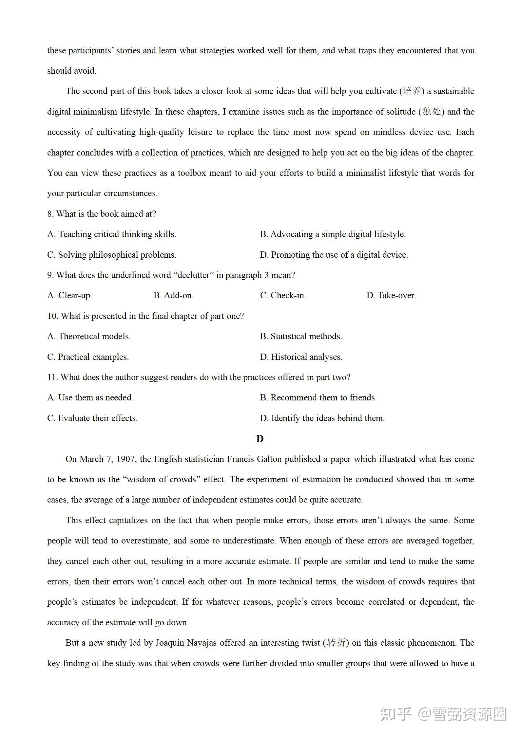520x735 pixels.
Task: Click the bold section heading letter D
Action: pos(260,439)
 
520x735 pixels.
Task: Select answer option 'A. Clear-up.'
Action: pos(69,296)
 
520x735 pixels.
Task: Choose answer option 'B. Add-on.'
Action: pos(174,296)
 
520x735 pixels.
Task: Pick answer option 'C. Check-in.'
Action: pos(283,296)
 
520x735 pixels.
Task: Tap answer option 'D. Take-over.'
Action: pos(391,296)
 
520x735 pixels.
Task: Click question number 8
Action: pos(50,214)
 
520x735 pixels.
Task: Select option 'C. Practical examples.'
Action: pos(88,357)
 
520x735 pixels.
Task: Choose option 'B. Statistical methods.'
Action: pos(301,337)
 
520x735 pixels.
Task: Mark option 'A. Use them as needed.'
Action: pos(90,398)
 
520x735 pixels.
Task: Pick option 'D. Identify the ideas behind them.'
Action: pos(322,418)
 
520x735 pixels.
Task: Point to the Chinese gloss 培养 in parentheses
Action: pos(412,91)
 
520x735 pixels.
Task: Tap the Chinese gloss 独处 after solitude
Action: pos(432,112)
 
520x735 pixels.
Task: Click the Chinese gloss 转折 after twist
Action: pos(336,643)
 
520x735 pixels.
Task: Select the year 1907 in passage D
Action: pos(126,459)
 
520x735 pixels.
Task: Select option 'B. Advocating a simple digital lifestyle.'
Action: pos(333,234)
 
